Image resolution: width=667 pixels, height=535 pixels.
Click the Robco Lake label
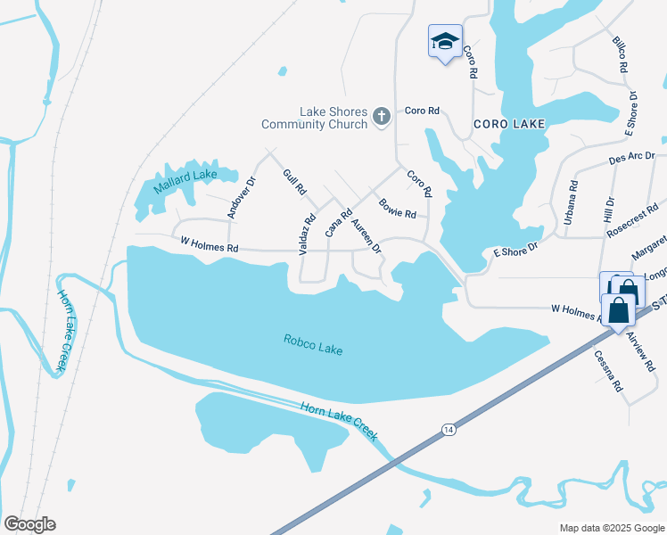tap(313, 344)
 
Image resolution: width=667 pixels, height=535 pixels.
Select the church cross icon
tap(382, 116)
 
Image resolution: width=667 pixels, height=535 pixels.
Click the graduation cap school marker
tap(445, 42)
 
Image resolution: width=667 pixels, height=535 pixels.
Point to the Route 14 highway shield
tap(446, 430)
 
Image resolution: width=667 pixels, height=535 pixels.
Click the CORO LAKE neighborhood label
tap(508, 124)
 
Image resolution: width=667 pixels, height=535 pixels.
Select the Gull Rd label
tap(294, 183)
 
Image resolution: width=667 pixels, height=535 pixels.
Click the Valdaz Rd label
tap(308, 231)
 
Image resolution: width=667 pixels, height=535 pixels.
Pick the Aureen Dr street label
tap(366, 235)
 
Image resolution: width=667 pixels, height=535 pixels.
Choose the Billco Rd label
tap(621, 54)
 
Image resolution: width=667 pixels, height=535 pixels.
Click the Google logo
tap(29, 523)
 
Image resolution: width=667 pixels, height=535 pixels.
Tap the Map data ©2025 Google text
tap(612, 528)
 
